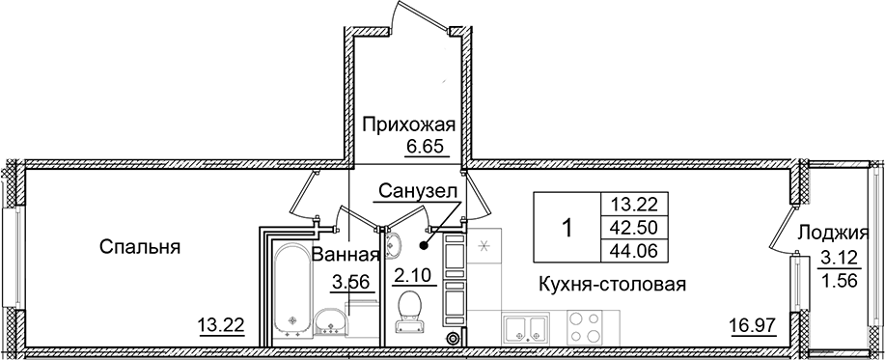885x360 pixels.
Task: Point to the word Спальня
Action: click(x=141, y=247)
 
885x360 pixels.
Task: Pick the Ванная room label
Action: click(x=344, y=256)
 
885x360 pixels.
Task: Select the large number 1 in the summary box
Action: click(x=567, y=229)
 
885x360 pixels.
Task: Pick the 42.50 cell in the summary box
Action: click(x=634, y=229)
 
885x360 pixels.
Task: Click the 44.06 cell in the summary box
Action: click(x=634, y=253)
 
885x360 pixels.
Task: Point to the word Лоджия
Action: click(x=827, y=233)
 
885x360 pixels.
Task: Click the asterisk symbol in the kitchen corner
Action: click(x=484, y=246)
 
